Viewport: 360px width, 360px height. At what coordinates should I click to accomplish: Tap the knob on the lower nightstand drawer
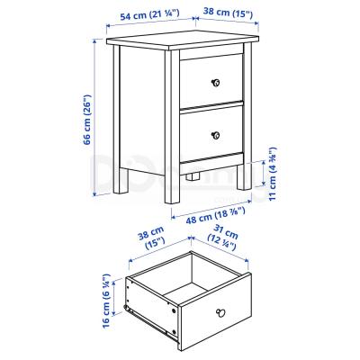(215, 136)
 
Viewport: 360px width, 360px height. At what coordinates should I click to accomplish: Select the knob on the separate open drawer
(219, 312)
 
